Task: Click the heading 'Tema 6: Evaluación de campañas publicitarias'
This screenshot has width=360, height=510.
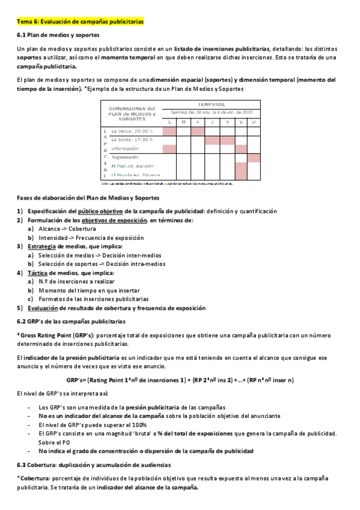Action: click(x=80, y=22)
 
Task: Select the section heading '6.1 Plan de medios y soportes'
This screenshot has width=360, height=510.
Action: click(x=58, y=35)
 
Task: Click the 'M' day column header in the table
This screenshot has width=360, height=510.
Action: click(x=183, y=122)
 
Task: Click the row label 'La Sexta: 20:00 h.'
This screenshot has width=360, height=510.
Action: click(x=133, y=131)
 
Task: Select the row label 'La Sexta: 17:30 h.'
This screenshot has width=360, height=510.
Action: click(x=133, y=140)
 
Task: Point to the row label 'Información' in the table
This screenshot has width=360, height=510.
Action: click(x=126, y=148)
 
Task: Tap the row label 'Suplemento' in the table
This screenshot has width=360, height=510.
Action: click(x=126, y=157)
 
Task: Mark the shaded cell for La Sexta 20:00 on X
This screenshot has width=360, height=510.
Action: click(x=198, y=131)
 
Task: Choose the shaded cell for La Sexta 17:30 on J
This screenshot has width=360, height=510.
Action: click(x=212, y=140)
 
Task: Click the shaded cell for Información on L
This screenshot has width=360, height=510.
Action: click(x=169, y=149)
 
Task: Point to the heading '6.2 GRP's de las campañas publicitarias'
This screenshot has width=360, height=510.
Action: click(x=72, y=321)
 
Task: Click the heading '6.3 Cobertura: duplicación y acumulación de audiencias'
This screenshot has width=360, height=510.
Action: click(x=94, y=464)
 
